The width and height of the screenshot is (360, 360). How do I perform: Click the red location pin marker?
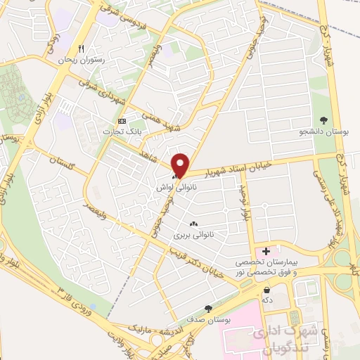coord(181,165)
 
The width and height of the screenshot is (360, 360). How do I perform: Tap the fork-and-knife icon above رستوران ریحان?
coord(82,49)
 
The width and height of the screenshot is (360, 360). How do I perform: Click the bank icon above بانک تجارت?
coord(122,121)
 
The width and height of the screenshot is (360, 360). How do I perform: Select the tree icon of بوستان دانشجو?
coord(323,120)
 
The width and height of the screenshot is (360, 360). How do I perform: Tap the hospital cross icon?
coord(266,251)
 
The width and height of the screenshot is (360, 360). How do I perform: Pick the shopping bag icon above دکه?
coord(266,289)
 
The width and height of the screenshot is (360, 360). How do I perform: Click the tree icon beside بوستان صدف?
coord(207,308)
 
